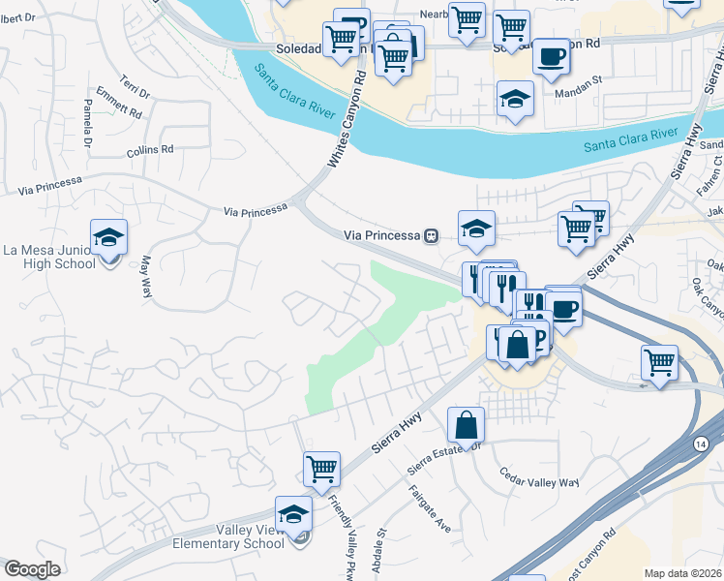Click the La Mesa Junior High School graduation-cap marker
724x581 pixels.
pos(109,237)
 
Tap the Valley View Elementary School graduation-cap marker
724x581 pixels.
pos(294,514)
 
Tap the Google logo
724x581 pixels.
pos(32,569)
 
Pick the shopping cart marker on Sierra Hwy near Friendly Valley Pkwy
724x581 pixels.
pos(321,470)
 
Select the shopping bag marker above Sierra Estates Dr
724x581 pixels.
pos(466,424)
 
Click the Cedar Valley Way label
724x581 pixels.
pos(538,477)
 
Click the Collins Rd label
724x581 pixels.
pos(150,151)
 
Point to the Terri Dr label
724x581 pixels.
pos(135,86)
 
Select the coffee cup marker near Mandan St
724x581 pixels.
pos(551,56)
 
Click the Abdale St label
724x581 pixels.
pos(381,546)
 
